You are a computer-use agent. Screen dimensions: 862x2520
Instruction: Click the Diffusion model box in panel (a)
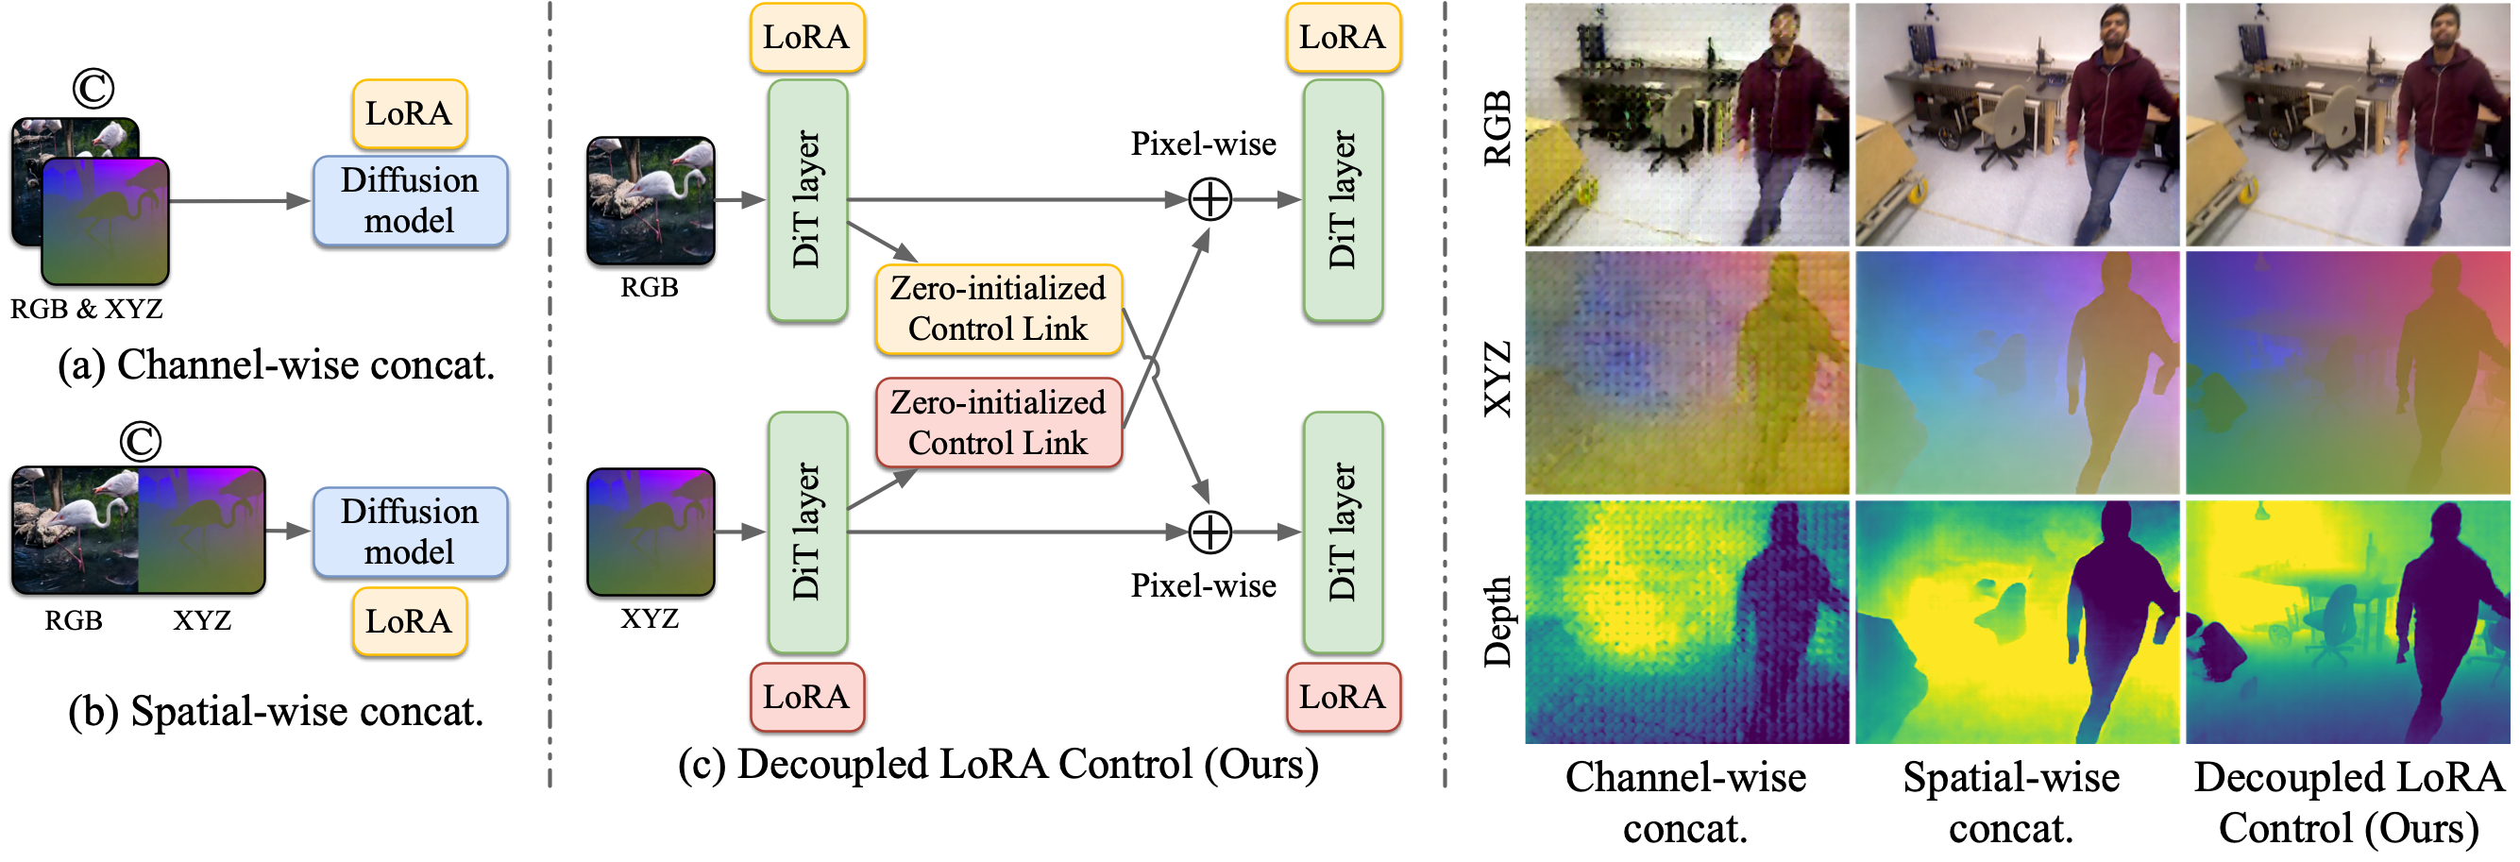410,200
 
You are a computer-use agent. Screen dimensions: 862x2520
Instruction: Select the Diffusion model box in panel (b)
410,532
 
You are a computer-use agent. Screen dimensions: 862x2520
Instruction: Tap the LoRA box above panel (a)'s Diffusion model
409,113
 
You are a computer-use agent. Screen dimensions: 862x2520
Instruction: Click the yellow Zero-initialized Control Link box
998,308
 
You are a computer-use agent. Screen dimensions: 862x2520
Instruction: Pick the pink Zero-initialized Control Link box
998,423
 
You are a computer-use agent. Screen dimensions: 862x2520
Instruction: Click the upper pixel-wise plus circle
1210,200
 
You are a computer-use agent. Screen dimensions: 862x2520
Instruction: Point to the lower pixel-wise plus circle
1210,532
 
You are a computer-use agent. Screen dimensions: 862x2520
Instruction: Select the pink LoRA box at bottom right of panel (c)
1343,697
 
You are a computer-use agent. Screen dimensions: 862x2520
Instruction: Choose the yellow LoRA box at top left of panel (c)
806,37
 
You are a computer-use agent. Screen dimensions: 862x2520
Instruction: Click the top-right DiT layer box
1343,200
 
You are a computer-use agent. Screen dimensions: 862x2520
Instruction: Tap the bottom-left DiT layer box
806,532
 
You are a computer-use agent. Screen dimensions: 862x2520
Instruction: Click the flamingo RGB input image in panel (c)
651,200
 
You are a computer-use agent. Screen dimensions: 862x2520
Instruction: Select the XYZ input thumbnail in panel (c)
651,532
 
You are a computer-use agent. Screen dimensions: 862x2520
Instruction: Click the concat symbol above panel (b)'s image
140,441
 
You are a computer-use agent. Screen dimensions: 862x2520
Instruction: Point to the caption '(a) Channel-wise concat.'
277,365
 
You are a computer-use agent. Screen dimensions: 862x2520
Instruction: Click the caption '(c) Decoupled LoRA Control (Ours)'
998,764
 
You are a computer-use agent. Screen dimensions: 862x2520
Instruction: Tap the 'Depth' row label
1497,621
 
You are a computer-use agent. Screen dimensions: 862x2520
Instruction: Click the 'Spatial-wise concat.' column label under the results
2011,803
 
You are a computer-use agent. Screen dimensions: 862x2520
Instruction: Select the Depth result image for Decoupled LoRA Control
2347,622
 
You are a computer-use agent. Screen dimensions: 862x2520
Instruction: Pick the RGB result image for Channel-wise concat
1686,125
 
